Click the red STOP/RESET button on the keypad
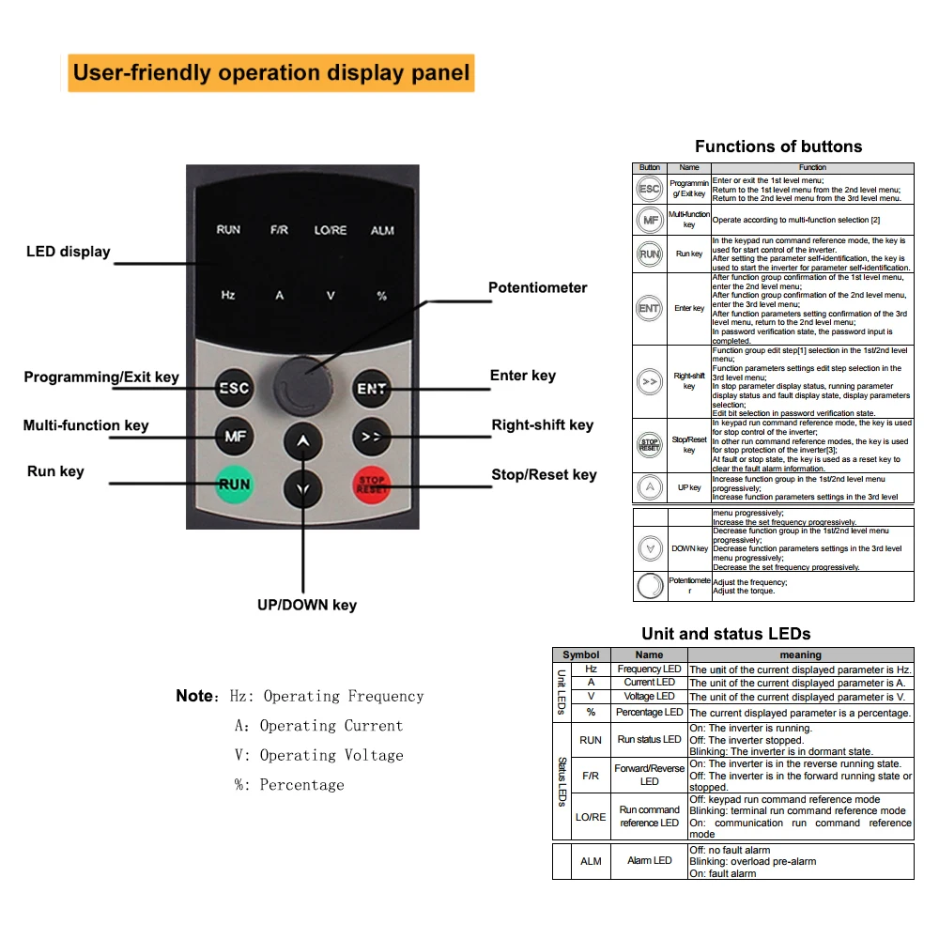372,485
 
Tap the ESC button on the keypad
234,387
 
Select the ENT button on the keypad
372,388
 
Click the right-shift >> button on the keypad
372,436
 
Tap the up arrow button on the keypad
302,442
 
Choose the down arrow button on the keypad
302,488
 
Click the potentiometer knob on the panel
303,382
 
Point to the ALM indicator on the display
382,230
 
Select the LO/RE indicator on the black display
331,230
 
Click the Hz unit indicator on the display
227,295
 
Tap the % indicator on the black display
381,296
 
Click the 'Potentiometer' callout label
537,288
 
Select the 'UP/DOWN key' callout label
307,605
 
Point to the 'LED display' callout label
69,252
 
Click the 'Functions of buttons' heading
777,146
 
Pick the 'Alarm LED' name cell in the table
649,860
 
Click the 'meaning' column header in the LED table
800,654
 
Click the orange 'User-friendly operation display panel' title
271,73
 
